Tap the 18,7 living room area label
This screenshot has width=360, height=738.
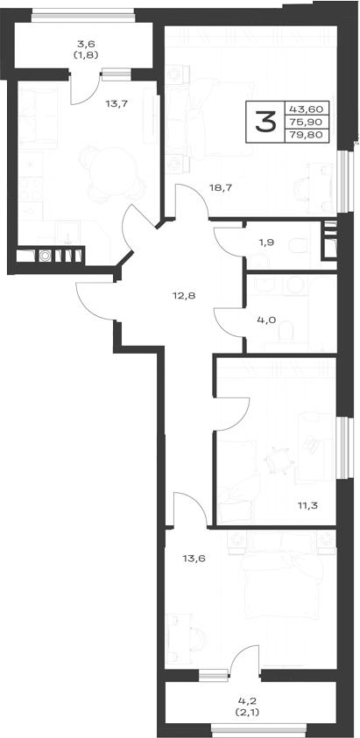click(220, 187)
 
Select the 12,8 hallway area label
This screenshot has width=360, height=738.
click(183, 296)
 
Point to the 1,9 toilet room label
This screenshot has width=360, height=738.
click(266, 242)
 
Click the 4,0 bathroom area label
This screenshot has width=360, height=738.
click(265, 320)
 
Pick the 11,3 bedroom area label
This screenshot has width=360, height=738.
click(307, 506)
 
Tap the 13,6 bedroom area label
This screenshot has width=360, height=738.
click(194, 559)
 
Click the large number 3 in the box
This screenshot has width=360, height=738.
click(265, 122)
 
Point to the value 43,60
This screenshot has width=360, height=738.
click(306, 109)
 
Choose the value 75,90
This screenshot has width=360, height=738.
click(306, 122)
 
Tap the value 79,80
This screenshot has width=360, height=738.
click(306, 134)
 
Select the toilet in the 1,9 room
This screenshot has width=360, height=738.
click(299, 245)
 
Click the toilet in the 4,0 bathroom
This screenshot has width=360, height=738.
click(286, 332)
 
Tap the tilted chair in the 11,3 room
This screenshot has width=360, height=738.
click(277, 460)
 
